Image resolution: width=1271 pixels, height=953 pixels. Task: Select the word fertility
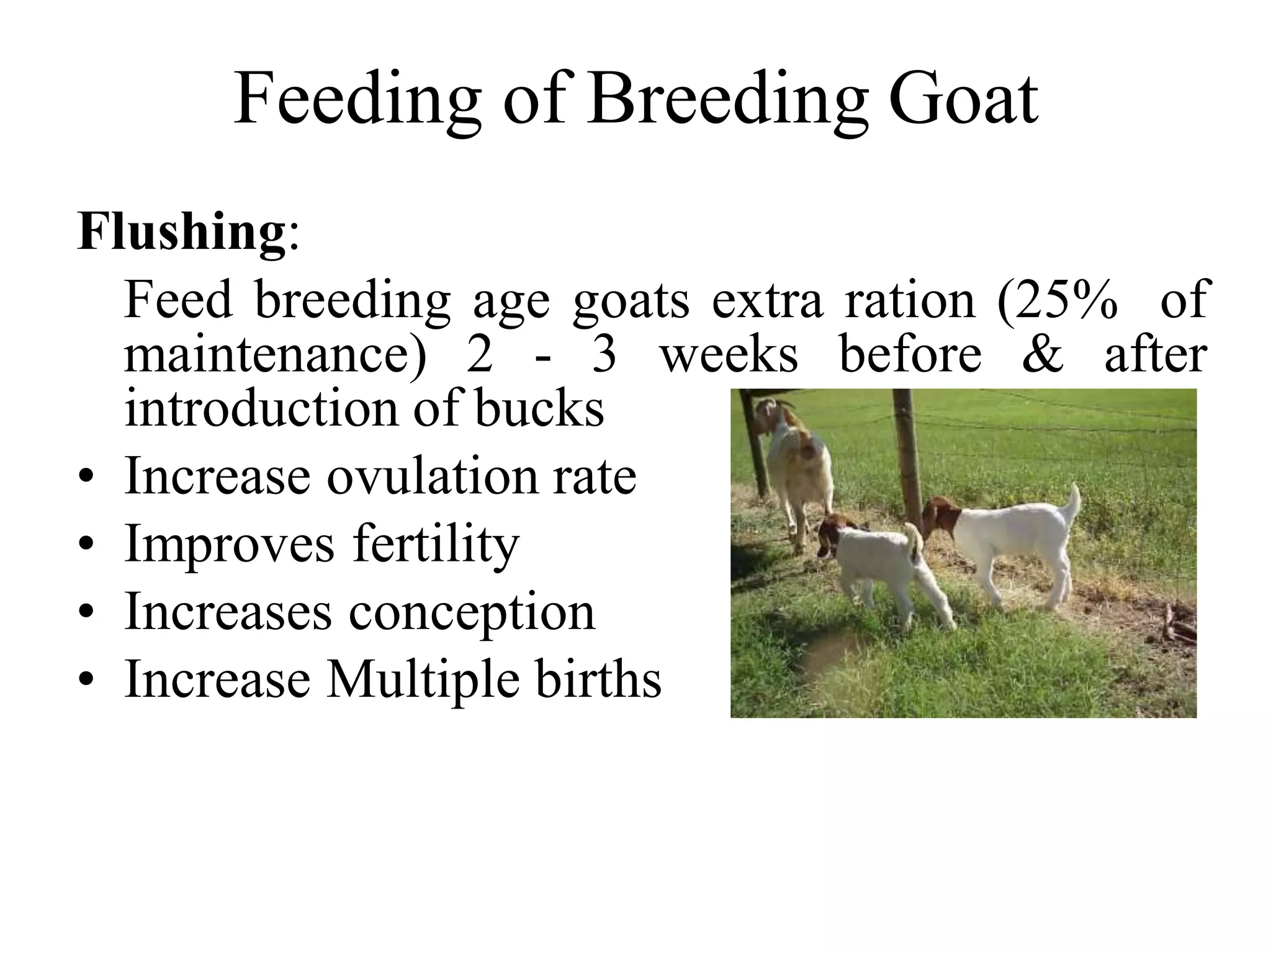pos(436,544)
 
